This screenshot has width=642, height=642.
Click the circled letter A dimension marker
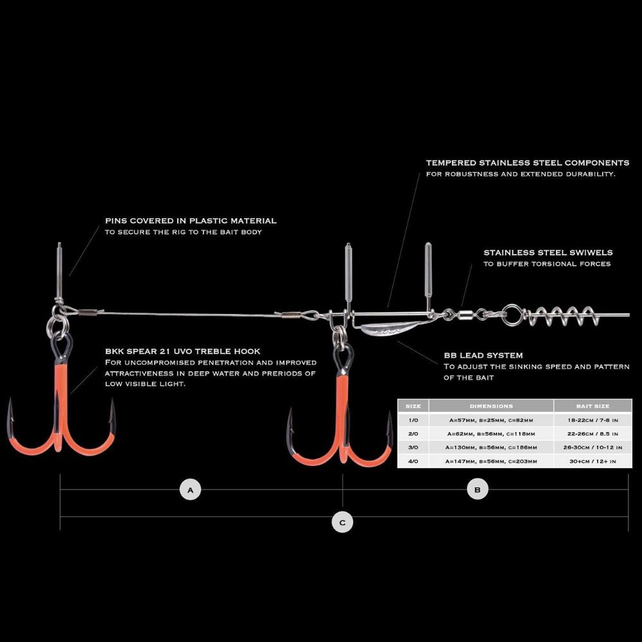pos(191,490)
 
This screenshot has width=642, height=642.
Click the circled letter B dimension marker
pos(478,489)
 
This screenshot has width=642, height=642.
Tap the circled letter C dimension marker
pos(342,523)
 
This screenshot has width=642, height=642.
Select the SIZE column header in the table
pos(413,406)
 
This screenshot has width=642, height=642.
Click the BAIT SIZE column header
pos(593,406)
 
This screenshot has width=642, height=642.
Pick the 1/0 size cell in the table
pos(413,420)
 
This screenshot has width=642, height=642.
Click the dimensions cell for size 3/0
pos(491,447)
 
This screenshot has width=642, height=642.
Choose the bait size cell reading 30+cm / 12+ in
pos(593,462)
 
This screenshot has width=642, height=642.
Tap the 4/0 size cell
pos(413,462)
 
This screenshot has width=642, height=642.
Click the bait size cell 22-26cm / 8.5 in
pos(593,433)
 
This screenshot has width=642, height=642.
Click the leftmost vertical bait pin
pos(60,272)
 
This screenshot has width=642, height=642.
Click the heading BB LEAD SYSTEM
pos(483,356)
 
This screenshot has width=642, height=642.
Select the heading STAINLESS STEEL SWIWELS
pos(548,252)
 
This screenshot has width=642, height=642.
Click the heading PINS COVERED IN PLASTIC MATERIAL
pos(191,221)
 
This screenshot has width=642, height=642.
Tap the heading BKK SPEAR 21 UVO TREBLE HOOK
pos(182,351)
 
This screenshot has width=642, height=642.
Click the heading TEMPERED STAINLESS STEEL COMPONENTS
pos(527,162)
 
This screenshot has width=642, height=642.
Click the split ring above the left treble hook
pos(57,325)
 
